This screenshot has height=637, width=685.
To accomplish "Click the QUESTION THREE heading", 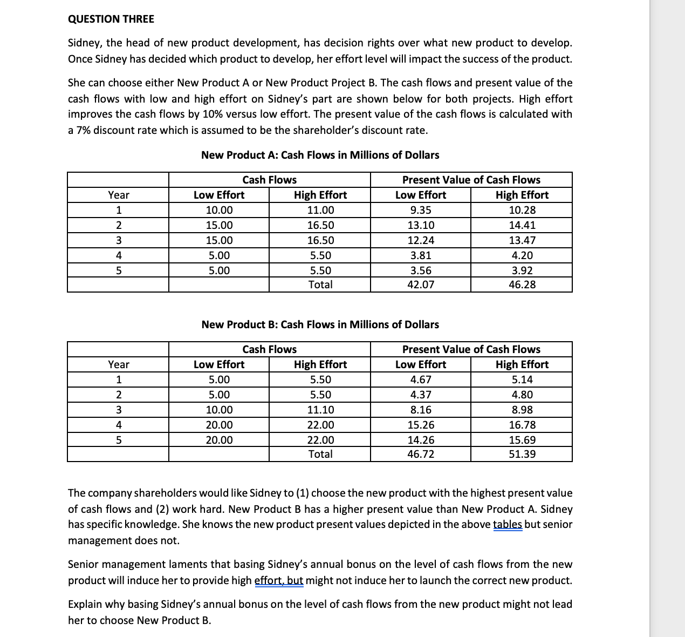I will pos(111,19).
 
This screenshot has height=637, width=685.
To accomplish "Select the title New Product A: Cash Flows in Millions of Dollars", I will pos(320,155).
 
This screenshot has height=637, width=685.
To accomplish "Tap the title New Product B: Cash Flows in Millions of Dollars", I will pos(320,324).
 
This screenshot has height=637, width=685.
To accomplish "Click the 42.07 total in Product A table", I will pos(420,284).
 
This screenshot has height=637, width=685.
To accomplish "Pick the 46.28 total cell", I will pos(522,284).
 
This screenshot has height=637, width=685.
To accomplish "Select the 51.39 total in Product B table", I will pos(522,454).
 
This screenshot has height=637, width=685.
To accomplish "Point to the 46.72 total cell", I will pos(420,454).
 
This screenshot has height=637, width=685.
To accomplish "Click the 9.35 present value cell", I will pos(420,210).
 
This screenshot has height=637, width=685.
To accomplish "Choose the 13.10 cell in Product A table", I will pos(420,225).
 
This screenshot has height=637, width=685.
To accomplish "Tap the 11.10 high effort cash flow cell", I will pos(320,410).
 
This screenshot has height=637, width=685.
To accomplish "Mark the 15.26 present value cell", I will pos(420,425).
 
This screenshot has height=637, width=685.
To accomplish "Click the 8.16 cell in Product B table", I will pos(420,410).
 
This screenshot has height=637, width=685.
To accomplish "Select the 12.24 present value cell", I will pos(420,240).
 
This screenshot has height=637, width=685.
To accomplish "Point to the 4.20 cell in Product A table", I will pos(522,255).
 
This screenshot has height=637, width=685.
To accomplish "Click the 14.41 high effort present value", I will pos(522,225).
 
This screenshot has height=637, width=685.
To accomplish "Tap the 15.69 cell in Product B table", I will pos(522,440).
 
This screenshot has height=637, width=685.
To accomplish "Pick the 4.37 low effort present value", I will pos(420,395).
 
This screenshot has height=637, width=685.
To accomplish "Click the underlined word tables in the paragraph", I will pos(507,524).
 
